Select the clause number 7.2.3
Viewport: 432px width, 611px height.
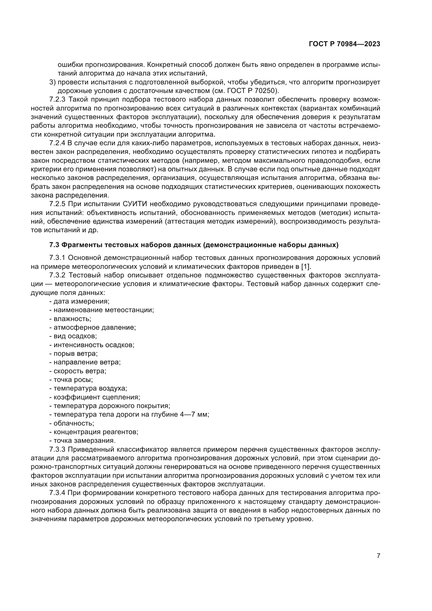pyautogui.click(x=57, y=100)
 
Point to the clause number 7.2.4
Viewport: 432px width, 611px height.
pyautogui.click(x=57, y=143)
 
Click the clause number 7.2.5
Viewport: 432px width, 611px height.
pyautogui.click(x=57, y=204)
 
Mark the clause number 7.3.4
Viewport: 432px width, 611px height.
pyautogui.click(x=57, y=493)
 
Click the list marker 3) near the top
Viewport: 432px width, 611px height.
pyautogui.click(x=52, y=82)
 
